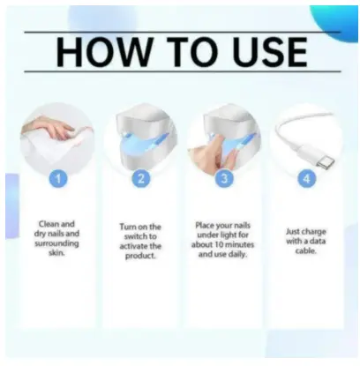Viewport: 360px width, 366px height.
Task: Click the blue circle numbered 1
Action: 58,178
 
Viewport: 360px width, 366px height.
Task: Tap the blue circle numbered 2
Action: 141,178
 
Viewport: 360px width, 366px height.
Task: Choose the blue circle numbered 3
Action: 224,178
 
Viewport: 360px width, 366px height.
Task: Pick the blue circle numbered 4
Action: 307,178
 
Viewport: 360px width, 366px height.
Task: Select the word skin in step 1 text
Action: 56,252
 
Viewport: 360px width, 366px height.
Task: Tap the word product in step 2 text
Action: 140,256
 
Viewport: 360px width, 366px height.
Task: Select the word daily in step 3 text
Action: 237,254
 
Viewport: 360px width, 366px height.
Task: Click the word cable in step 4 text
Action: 306,250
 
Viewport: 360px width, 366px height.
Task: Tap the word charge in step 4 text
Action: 313,232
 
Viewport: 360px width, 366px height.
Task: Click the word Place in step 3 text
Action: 206,226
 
